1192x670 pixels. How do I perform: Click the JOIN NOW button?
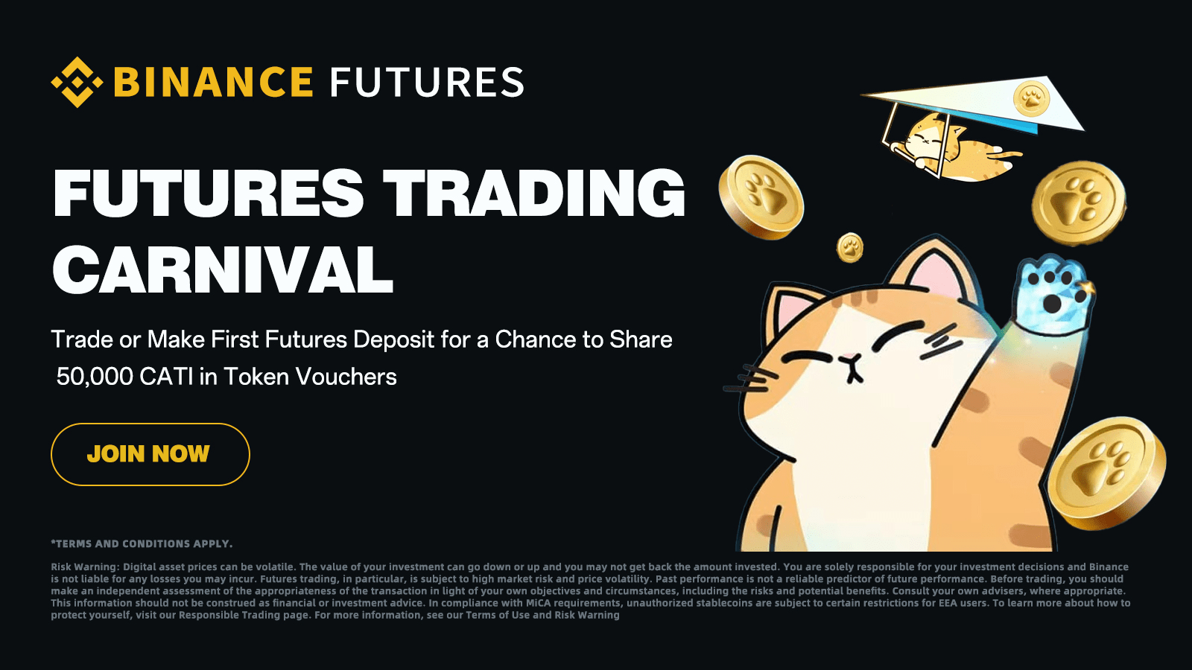pyautogui.click(x=150, y=454)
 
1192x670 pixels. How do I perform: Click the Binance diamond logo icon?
pyautogui.click(x=77, y=82)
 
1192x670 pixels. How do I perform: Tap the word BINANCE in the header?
pyautogui.click(x=213, y=82)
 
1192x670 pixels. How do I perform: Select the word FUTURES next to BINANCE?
pyautogui.click(x=427, y=82)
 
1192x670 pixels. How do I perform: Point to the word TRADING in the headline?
pyautogui.click(x=533, y=194)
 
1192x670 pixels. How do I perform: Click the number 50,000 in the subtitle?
pyautogui.click(x=95, y=377)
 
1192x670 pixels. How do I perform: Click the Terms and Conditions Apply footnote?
pyautogui.click(x=142, y=544)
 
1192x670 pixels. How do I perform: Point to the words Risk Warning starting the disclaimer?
pyautogui.click(x=84, y=567)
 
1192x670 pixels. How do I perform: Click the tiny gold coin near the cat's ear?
pyautogui.click(x=850, y=247)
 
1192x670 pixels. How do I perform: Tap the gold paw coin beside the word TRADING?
pyautogui.click(x=761, y=197)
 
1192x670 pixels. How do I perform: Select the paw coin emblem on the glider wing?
pyautogui.click(x=1031, y=98)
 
